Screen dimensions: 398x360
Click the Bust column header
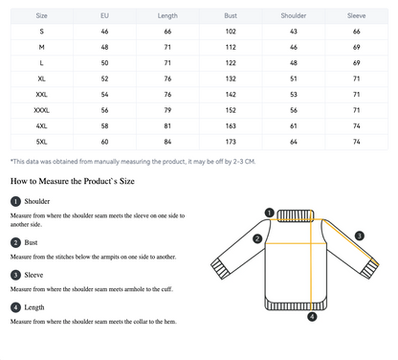(231, 15)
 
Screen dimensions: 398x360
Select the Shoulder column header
(294, 15)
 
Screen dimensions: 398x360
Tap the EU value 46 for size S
(104, 32)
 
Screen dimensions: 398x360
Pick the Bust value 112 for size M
(231, 47)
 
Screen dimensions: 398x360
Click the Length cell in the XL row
(167, 79)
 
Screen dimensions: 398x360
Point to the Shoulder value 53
(294, 95)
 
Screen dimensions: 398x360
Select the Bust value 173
(231, 142)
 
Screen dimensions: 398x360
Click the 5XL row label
(42, 142)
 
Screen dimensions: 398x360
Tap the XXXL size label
(42, 110)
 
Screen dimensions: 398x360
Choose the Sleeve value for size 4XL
(357, 126)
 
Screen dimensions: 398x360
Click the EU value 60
(104, 142)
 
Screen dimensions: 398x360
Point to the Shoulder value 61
(294, 126)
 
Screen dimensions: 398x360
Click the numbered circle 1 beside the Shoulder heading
(15, 201)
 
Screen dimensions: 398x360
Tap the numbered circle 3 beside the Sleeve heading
(15, 275)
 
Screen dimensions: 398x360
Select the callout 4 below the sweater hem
(312, 317)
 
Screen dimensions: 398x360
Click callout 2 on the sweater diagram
(257, 238)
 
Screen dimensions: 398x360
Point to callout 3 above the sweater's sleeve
(360, 236)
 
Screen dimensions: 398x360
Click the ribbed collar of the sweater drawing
(296, 215)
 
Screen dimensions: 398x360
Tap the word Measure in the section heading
(54, 181)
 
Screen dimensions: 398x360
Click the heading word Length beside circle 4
(34, 307)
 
